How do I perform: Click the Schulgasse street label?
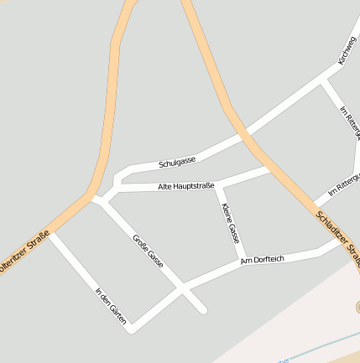(x=177, y=161)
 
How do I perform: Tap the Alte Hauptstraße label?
(x=186, y=185)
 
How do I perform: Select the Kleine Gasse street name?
(x=229, y=223)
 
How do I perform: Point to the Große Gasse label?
(x=148, y=252)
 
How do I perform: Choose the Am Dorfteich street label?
(x=263, y=261)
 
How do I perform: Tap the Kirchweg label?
(x=346, y=51)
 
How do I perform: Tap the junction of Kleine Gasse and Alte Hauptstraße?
(x=217, y=184)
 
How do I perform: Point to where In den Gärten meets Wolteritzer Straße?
(x=50, y=235)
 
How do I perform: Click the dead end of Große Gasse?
(x=204, y=311)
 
